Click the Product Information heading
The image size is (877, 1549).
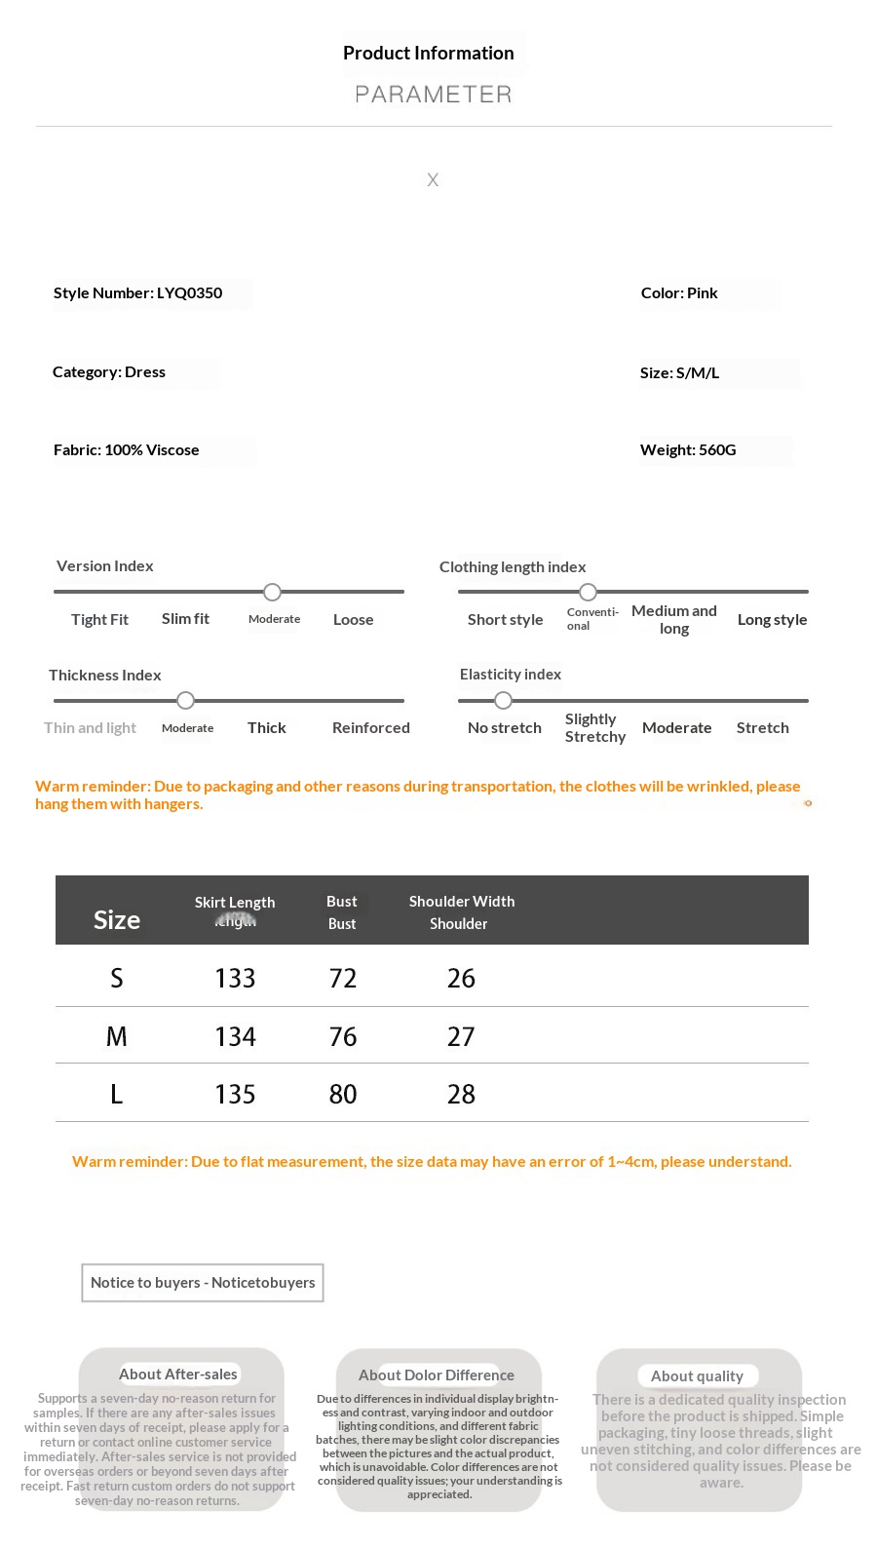point(428,54)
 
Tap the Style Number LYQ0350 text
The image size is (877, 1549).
point(137,293)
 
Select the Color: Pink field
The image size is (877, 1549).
point(679,293)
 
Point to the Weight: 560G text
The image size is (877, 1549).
point(688,450)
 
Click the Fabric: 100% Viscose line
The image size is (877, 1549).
point(126,450)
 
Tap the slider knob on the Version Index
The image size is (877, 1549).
point(273,592)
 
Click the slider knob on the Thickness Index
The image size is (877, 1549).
point(186,700)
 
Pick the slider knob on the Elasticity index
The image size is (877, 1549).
point(503,700)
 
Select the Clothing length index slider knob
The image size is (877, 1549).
point(588,592)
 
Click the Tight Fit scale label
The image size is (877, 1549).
point(99,620)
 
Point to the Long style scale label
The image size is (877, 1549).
point(772,620)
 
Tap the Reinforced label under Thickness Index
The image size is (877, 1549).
point(370,728)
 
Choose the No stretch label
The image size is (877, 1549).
point(504,728)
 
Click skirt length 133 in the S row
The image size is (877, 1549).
point(235,979)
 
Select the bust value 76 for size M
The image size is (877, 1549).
point(343,1037)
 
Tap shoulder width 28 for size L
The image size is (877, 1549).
point(461,1095)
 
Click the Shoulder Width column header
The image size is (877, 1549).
point(462,902)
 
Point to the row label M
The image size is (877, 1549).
point(116,1037)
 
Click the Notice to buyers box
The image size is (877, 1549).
point(203,1283)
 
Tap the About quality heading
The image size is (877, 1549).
point(697,1376)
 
